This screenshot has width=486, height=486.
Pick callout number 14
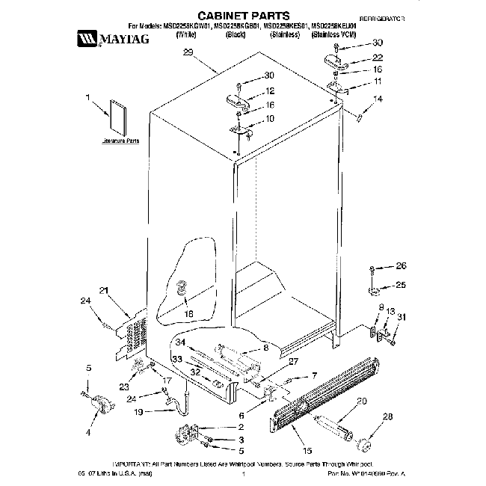pyautogui.click(x=378, y=99)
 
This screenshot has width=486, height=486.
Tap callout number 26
pyautogui.click(x=401, y=265)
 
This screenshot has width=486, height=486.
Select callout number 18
pyautogui.click(x=188, y=315)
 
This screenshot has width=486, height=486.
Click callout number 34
pyautogui.click(x=180, y=342)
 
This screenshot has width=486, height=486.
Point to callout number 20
pyautogui.click(x=361, y=402)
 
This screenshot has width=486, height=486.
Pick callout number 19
pyautogui.click(x=138, y=411)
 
